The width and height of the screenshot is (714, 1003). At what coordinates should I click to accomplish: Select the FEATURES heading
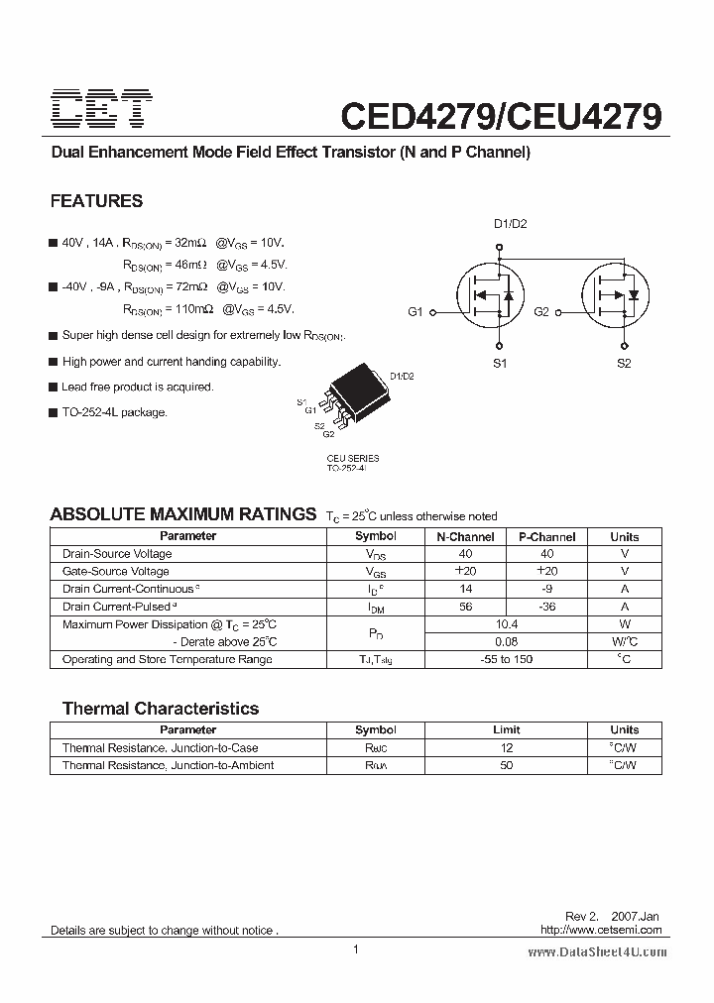(x=96, y=201)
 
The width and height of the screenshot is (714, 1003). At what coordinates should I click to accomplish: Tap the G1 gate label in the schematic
(x=416, y=312)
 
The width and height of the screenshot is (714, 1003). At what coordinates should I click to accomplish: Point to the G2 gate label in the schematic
(x=541, y=312)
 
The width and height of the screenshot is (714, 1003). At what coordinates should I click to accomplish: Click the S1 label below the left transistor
(x=500, y=364)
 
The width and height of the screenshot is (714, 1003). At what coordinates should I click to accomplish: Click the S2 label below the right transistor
(x=624, y=364)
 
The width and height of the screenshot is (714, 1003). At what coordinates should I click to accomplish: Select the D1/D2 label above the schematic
(x=511, y=224)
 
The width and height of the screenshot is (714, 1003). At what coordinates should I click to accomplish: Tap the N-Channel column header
(x=465, y=536)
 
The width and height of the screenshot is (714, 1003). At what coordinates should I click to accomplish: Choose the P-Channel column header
(x=546, y=536)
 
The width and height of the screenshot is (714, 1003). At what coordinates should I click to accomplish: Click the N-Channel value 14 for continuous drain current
(x=465, y=589)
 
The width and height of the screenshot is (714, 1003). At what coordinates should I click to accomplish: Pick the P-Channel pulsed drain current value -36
(x=546, y=607)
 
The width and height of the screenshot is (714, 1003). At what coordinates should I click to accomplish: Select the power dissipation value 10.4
(x=506, y=624)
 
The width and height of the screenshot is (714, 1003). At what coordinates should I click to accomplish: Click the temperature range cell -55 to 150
(x=506, y=659)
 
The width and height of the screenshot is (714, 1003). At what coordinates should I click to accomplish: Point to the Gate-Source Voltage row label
(x=115, y=571)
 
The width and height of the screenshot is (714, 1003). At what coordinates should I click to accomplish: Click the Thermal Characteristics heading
(x=160, y=709)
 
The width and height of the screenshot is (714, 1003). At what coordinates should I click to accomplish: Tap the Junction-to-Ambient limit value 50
(x=506, y=765)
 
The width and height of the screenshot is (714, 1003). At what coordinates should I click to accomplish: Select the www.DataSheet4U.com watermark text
(x=597, y=951)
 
